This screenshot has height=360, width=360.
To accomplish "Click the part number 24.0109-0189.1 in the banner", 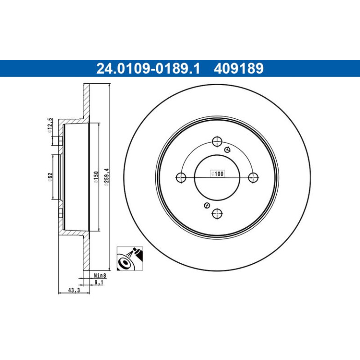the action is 148,68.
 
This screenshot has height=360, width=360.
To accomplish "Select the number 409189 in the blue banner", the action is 238,68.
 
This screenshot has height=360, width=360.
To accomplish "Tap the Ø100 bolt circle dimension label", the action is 217,173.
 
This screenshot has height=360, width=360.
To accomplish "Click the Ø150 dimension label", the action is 96,177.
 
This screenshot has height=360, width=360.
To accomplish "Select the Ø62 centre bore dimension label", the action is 50,177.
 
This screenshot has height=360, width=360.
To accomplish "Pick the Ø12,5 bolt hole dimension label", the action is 50,125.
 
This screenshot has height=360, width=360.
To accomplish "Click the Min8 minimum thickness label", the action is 100,275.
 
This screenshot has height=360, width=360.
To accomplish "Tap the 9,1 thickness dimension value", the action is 99,282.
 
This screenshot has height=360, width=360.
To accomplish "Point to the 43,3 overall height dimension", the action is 74,290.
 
